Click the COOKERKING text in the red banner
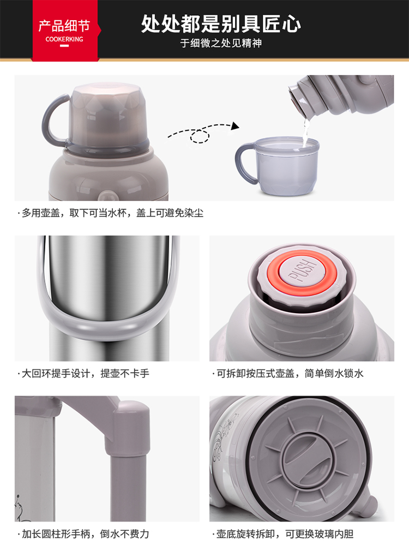(64, 39)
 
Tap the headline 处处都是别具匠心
(221, 24)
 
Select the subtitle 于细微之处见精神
(221, 43)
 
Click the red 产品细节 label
(64, 26)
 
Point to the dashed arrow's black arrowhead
(235, 126)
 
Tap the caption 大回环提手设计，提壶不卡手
(84, 373)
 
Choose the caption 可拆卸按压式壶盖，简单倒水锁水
(288, 373)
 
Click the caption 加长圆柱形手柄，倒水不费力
(84, 533)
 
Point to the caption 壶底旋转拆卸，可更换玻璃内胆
(283, 533)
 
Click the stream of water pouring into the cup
(305, 132)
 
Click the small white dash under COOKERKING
(64, 46)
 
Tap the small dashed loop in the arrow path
(200, 136)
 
